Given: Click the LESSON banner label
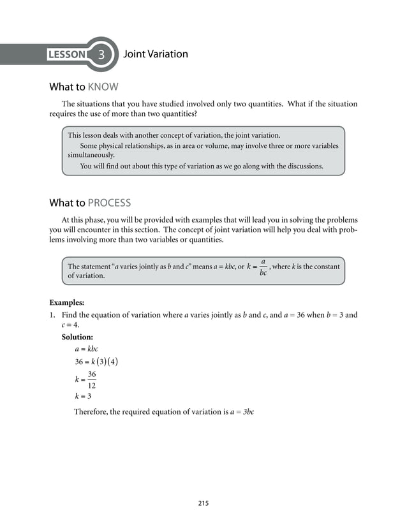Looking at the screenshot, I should (67, 55).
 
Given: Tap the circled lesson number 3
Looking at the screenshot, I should (101, 55).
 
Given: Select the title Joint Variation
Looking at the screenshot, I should (155, 54).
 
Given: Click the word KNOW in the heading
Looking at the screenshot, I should (103, 87).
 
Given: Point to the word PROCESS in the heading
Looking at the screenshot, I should (109, 203).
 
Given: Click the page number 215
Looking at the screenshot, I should (203, 504).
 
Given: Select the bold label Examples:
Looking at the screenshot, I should (67, 302).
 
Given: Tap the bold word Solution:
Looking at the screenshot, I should (77, 337).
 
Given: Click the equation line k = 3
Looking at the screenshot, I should (83, 395).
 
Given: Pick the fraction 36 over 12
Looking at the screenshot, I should (92, 379).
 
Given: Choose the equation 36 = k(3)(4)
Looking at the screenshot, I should (96, 362).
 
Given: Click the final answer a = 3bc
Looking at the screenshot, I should (242, 412).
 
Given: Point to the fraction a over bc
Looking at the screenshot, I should (263, 267).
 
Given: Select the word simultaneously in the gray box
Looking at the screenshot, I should (92, 155).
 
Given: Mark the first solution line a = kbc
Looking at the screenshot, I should (86, 349).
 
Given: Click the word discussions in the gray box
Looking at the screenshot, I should (300, 166).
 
